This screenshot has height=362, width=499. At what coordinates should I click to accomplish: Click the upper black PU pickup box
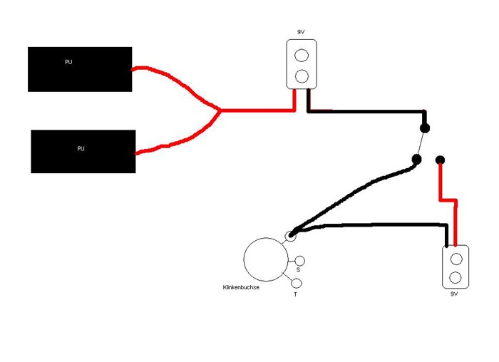[80, 69]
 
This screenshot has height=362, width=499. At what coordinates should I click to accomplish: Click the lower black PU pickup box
[83, 151]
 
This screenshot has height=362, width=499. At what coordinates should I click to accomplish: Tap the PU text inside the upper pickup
[68, 62]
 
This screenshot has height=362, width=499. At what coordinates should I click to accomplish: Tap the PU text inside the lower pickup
[81, 148]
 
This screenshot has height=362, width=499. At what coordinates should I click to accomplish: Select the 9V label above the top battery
[301, 32]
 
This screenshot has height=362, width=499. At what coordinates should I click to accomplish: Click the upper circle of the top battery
[302, 55]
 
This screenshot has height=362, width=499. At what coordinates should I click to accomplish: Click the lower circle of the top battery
[302, 76]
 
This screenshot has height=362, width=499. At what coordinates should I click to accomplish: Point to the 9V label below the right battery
[454, 294]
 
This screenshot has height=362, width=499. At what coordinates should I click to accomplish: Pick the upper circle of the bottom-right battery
[456, 258]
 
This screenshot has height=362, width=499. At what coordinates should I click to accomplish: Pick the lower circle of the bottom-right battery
[456, 276]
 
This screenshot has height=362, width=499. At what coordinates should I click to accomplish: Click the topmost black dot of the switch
[425, 128]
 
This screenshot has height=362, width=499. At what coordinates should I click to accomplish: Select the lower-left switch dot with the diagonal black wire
[417, 160]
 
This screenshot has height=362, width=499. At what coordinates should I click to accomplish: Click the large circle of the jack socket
[266, 259]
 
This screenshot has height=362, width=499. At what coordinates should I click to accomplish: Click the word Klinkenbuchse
[240, 287]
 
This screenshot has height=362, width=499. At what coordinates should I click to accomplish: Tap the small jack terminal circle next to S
[300, 261]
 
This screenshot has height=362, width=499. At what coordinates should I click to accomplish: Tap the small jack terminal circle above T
[297, 283]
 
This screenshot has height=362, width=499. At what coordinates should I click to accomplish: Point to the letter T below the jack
[295, 294]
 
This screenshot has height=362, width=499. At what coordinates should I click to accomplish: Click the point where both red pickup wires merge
[220, 110]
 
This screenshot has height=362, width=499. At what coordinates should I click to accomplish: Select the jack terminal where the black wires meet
[290, 234]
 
